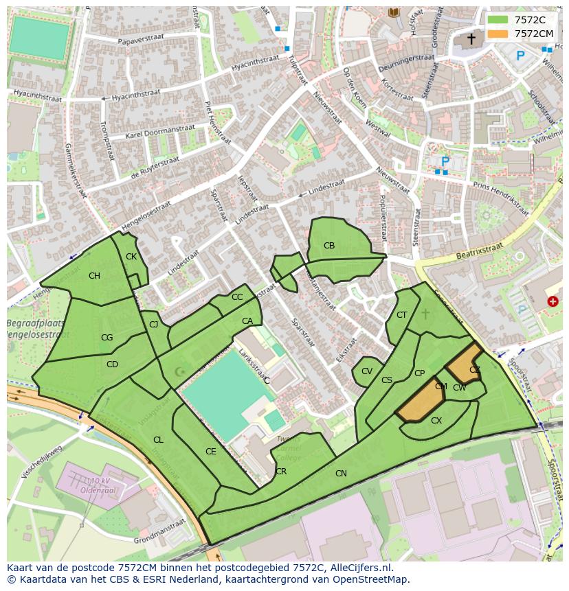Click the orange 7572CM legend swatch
click(498, 34)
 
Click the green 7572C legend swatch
click(498, 20)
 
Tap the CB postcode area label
click(329, 246)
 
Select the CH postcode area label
click(94, 276)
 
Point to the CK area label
click(131, 257)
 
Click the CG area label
click(107, 338)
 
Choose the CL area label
click(158, 440)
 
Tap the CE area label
click(211, 452)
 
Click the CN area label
click(341, 474)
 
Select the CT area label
click(402, 315)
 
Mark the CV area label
click(367, 371)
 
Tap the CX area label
click(436, 421)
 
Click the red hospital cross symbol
click(553, 301)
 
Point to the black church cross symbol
click(471, 39)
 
